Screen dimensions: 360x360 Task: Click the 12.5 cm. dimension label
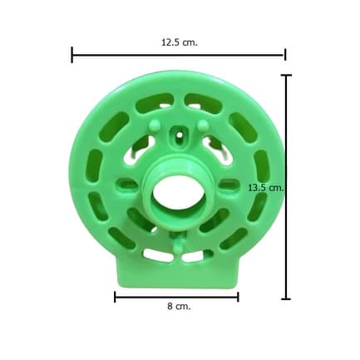tap(180, 42)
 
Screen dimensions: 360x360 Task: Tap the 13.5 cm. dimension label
tap(266, 188)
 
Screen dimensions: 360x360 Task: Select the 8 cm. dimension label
tap(179, 307)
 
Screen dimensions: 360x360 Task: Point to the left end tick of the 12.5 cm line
tap(72, 55)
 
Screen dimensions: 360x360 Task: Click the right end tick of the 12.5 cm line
tap(285, 54)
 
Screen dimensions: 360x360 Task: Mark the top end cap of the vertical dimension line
tap(286, 75)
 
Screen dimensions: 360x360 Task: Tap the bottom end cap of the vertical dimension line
tap(286, 299)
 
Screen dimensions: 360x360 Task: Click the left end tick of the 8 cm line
tap(115, 297)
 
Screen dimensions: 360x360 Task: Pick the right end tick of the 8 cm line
tap(238, 297)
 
